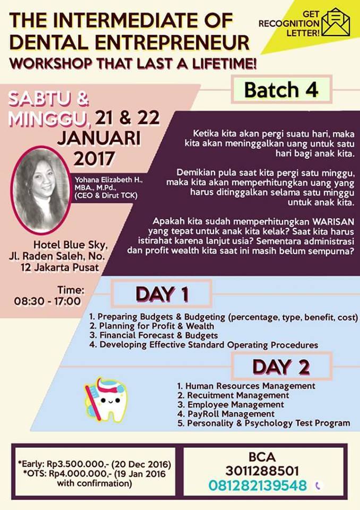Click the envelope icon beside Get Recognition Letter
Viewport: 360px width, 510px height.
(x=336, y=22)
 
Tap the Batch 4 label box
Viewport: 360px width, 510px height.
(x=281, y=89)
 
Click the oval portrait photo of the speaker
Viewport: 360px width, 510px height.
(x=41, y=190)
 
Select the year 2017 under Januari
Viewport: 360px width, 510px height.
(x=94, y=158)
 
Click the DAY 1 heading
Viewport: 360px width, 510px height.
(x=162, y=294)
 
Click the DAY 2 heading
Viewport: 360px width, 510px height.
(x=281, y=367)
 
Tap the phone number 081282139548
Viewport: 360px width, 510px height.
(x=257, y=485)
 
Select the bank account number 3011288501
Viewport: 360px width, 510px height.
(x=262, y=471)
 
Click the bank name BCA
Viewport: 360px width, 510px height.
(x=262, y=457)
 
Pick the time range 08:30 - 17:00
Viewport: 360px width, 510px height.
(x=47, y=301)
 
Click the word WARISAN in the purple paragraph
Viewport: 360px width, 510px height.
(x=333, y=222)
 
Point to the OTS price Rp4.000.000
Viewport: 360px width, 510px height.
(x=77, y=473)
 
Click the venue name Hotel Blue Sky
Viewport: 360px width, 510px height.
(x=70, y=244)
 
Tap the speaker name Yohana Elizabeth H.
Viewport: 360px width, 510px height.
(x=109, y=180)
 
